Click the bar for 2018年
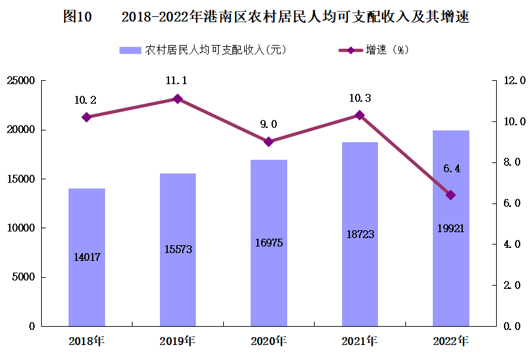tap(87, 257)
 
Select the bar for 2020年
tap(269, 243)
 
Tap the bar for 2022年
tap(451, 228)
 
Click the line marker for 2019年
tap(178, 98)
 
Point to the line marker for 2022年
tap(451, 195)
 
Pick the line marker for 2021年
tap(360, 115)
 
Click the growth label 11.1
tap(176, 81)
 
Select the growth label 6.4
tap(452, 169)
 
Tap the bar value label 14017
tap(86, 257)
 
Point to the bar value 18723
tap(360, 233)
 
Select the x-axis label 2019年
tap(178, 341)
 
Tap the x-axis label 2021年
tap(360, 341)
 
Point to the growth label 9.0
tap(269, 124)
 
